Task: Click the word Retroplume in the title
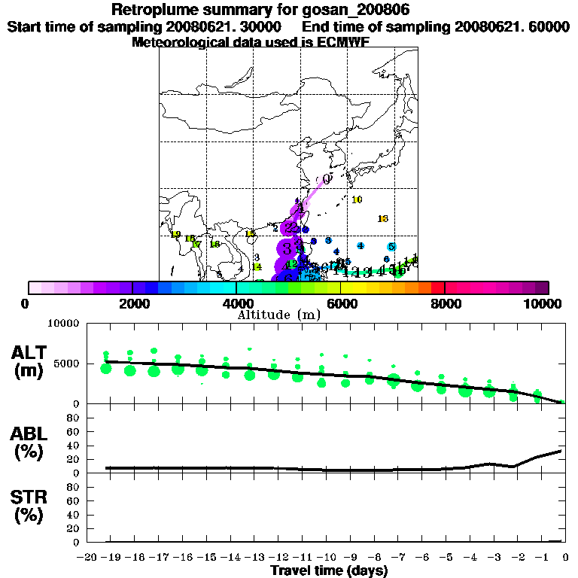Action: pyautogui.click(x=152, y=10)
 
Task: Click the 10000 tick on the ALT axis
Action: pyautogui.click(x=64, y=324)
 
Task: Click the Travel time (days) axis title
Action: pyautogui.click(x=329, y=570)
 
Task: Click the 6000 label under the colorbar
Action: pyautogui.click(x=340, y=303)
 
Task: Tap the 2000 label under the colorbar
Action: pyautogui.click(x=132, y=303)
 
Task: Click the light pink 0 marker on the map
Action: pyautogui.click(x=326, y=180)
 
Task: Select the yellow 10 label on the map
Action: pyautogui.click(x=357, y=199)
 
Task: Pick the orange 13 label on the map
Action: pyautogui.click(x=382, y=218)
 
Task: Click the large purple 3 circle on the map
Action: pyautogui.click(x=287, y=248)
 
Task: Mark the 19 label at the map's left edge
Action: pyautogui.click(x=176, y=235)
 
